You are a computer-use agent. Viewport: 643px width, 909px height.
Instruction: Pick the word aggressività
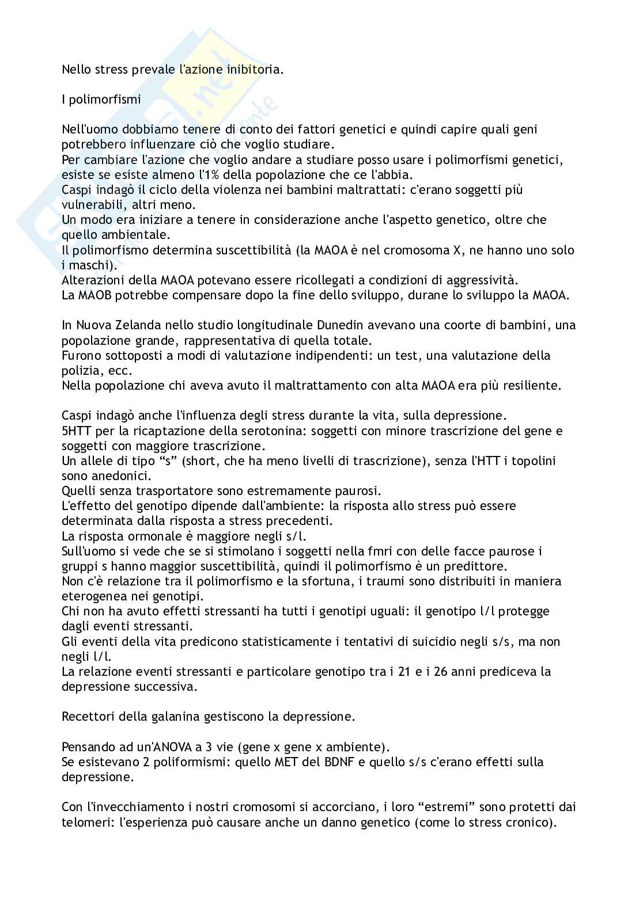485,281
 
